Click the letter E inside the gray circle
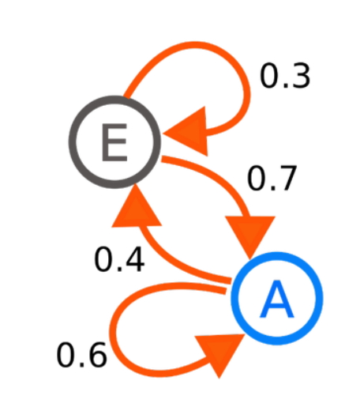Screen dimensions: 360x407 pyautogui.click(x=114, y=142)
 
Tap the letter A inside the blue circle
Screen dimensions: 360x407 pyautogui.click(x=276, y=300)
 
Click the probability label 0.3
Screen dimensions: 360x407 pyautogui.click(x=285, y=76)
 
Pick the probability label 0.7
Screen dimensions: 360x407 pyautogui.click(x=272, y=179)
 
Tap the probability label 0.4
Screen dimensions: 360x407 pyautogui.click(x=119, y=259)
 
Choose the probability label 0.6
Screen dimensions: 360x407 pyautogui.click(x=82, y=355)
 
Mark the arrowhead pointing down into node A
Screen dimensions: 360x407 pyautogui.click(x=250, y=236)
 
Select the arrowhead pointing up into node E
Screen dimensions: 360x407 pyautogui.click(x=137, y=207)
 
